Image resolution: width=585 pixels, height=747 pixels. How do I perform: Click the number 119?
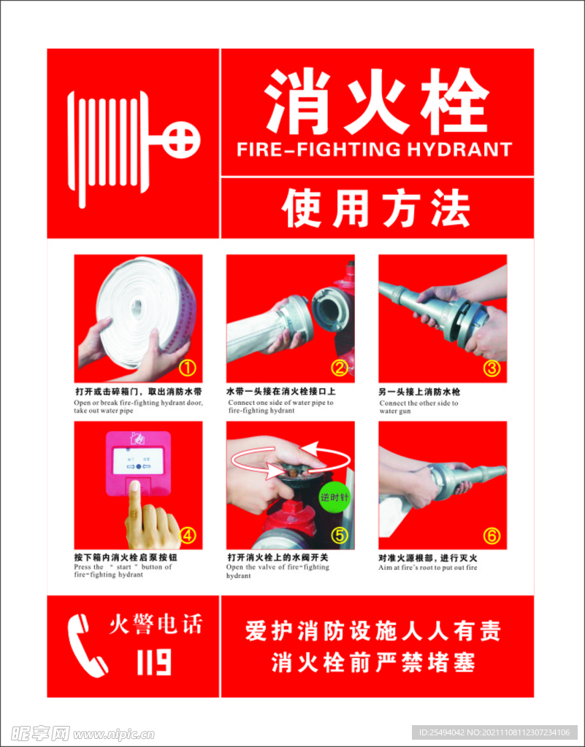(154, 662)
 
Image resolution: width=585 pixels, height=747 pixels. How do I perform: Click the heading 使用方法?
(376, 208)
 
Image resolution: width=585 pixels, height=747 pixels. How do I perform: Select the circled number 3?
(492, 368)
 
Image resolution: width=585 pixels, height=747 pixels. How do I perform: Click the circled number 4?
(188, 535)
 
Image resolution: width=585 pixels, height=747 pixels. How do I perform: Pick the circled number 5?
(340, 535)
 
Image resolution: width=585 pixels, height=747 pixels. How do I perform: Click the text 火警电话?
(154, 624)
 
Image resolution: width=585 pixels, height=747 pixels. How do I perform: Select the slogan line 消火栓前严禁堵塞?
(373, 662)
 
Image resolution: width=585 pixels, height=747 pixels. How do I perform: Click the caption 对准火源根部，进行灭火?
(428, 558)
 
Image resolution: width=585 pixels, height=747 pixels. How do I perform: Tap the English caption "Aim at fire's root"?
(428, 568)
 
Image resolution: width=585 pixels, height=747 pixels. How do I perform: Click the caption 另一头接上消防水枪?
(419, 392)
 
